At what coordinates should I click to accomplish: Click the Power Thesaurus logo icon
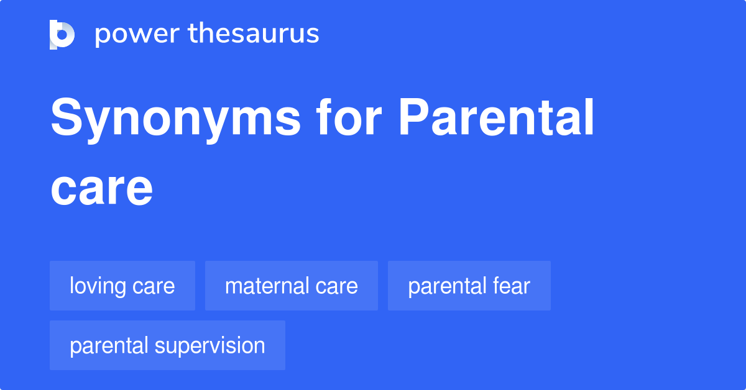coord(62,34)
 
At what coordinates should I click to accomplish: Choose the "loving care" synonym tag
coord(122,286)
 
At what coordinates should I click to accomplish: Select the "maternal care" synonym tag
coord(292,286)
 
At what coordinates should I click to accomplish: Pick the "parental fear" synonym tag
coord(469,286)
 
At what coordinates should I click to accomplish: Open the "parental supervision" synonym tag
coord(167,345)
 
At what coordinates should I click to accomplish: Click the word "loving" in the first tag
coord(98,286)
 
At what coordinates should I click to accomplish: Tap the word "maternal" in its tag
coord(266,286)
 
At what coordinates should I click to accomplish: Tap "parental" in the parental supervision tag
coord(109,346)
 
